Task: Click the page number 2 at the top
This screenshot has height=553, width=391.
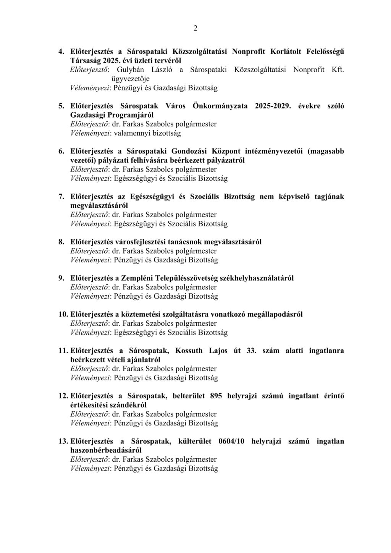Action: click(195, 28)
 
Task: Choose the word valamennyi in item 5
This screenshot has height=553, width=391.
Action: click(131, 133)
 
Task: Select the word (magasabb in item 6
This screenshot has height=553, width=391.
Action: click(326, 151)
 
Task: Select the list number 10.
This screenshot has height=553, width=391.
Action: click(63, 314)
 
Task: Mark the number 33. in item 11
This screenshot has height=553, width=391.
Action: click(251, 351)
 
